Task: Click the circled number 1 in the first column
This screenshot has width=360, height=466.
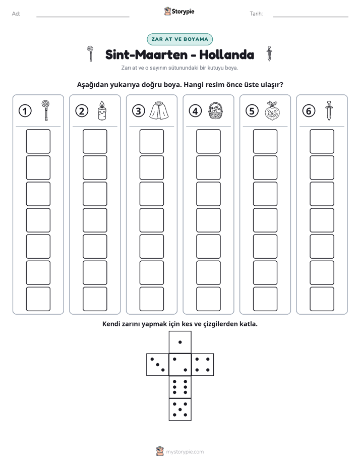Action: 25,111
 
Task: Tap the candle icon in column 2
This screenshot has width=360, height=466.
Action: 102,110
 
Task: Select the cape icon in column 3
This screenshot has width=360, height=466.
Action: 159,110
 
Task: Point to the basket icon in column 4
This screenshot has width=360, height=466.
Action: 216,110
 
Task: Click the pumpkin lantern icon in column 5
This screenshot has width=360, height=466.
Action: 272,110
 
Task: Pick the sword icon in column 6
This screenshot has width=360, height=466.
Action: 329,110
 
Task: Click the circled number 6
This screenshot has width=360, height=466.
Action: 309,111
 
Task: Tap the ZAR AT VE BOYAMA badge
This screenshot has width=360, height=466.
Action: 179,39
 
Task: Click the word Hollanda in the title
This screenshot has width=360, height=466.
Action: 226,54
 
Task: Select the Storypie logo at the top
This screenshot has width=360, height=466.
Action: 179,12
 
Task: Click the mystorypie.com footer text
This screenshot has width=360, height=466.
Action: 185,452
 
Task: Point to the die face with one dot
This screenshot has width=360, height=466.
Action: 180,342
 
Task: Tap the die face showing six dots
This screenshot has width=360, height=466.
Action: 180,387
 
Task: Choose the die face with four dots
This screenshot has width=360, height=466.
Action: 203,365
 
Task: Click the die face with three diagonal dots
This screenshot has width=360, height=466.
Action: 158,365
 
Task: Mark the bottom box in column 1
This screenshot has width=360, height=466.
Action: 38,299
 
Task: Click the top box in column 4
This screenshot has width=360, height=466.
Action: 209,141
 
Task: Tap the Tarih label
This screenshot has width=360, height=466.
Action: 256,14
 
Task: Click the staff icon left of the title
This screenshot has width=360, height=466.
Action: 90,53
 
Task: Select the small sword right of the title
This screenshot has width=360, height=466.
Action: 269,53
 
